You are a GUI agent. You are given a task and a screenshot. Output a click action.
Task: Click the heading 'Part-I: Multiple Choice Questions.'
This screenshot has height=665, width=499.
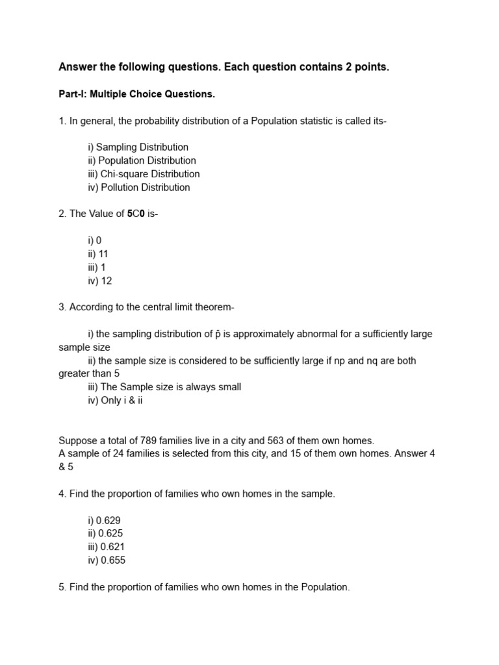[x=136, y=94]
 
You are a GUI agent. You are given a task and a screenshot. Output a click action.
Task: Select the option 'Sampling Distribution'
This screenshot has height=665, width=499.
[x=142, y=147]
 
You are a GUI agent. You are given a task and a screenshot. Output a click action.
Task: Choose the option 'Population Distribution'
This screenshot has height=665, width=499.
[x=147, y=160]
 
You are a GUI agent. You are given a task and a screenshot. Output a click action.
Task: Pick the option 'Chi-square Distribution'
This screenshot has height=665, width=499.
[x=149, y=174]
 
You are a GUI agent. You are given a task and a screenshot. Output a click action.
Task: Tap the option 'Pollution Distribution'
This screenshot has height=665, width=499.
[x=144, y=188]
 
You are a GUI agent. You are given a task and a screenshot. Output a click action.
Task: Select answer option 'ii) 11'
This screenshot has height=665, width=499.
[x=98, y=254]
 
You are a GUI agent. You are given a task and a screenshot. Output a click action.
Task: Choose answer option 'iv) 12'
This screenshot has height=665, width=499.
[x=100, y=281]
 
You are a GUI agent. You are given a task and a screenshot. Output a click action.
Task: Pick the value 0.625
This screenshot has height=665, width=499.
[x=110, y=534]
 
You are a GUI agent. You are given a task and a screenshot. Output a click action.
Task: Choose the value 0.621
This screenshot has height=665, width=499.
[x=111, y=547]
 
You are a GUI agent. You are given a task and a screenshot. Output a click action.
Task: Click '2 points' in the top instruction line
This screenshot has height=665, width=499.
[x=366, y=67]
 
